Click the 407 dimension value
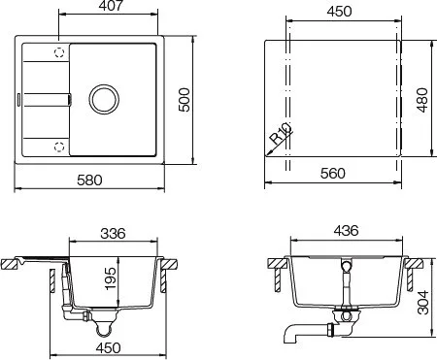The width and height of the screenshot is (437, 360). [112, 6]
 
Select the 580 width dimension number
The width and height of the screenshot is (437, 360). [89, 180]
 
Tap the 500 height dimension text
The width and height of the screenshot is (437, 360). [185, 100]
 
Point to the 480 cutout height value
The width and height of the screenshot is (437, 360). [422, 100]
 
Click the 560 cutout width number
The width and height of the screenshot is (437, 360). [333, 174]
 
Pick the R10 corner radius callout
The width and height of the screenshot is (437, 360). [281, 133]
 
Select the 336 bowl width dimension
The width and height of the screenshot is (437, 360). [113, 233]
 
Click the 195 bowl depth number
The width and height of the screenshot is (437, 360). [110, 278]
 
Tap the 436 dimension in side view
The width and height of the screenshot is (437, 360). [346, 230]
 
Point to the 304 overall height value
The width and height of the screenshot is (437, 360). [422, 303]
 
